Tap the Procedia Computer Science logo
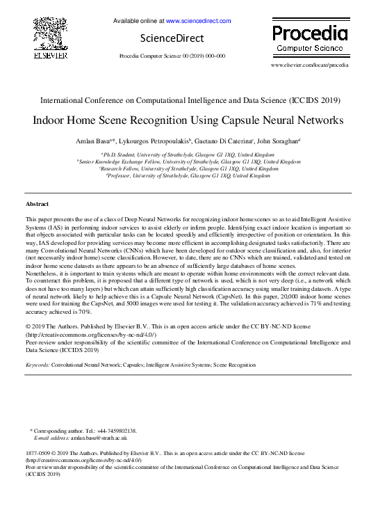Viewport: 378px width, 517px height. (309, 38)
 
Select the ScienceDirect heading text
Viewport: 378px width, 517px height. (172, 38)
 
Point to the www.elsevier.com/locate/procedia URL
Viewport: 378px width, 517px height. (309, 65)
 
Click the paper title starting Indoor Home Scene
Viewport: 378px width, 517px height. (188, 120)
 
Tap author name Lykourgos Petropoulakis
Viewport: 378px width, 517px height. (150, 141)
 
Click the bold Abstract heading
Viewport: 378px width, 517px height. (37, 204)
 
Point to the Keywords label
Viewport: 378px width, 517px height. (38, 365)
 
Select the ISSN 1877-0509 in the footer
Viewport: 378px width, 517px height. (39, 453)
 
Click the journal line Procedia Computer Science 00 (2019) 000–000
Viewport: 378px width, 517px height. (172, 55)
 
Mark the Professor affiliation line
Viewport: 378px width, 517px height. (188, 176)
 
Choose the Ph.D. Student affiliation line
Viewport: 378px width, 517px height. (188, 154)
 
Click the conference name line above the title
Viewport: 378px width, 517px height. (188, 100)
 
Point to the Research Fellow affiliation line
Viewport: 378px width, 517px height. (188, 168)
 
